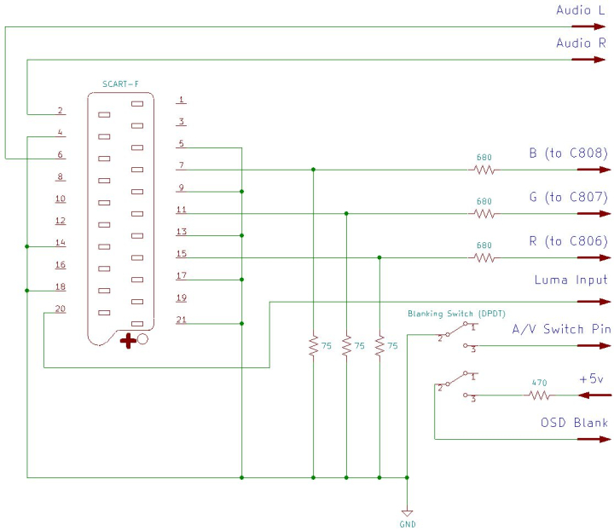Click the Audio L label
click(x=581, y=10)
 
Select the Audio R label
click(x=581, y=43)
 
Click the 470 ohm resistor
click(x=538, y=395)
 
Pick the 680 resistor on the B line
click(x=484, y=170)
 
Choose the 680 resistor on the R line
click(x=484, y=257)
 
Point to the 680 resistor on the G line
click(x=484, y=213)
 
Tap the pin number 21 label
click(x=181, y=320)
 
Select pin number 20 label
click(x=61, y=309)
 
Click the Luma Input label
click(x=571, y=280)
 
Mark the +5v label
click(x=593, y=378)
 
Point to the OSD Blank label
click(x=574, y=423)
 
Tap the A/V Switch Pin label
click(x=559, y=329)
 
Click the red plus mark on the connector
click(x=128, y=342)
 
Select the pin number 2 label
click(x=61, y=111)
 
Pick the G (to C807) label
click(x=568, y=197)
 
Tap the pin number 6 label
click(x=61, y=154)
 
